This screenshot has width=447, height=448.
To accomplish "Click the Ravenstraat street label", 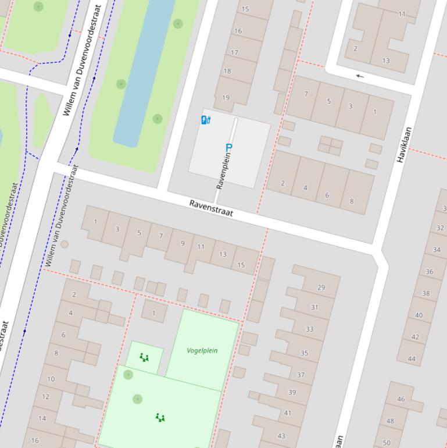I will point(211,208).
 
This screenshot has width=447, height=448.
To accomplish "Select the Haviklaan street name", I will point(405,144).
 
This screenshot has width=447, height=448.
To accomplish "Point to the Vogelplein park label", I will point(202,350).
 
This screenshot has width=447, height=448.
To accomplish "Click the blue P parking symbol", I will point(228,148).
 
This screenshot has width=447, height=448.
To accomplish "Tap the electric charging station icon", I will point(206,120).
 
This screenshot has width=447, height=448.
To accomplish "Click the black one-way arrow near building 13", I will point(360,76).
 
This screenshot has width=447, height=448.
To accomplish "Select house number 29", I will point(321,287).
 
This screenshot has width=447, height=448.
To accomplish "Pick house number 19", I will point(226,97).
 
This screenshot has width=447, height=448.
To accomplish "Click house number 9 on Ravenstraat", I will point(183,243).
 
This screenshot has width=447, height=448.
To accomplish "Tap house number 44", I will point(412,358).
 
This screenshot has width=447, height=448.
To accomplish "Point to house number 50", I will point(387,442).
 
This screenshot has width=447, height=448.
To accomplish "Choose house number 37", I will point(301,375).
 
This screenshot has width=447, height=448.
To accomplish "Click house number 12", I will point(45,397).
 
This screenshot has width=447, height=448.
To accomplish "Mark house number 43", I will point(281,435).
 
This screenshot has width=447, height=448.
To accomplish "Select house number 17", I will point(234,52).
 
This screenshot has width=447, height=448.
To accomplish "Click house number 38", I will point(426,293).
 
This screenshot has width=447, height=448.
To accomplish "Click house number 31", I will point(314,307).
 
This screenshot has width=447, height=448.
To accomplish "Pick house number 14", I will point(42,418).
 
